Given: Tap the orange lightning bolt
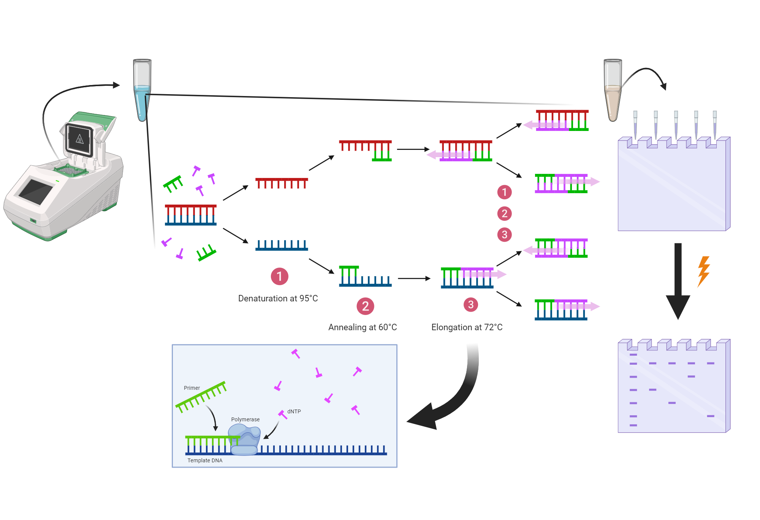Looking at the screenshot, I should [x=704, y=271].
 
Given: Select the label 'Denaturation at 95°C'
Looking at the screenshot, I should [x=278, y=298].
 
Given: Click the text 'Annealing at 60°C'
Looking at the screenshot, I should [x=363, y=327].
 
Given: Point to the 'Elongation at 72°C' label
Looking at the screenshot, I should [x=467, y=327].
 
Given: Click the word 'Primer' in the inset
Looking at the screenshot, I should [x=192, y=388].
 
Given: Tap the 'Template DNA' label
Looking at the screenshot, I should [x=205, y=460].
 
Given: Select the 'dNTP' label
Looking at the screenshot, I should [x=294, y=411].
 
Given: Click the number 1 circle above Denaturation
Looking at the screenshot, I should [x=279, y=276].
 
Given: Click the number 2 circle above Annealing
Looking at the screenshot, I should [x=365, y=306].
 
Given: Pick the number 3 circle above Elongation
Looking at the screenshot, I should [x=470, y=304].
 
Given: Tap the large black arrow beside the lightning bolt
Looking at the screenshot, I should [x=678, y=281].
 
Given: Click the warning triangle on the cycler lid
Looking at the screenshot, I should [x=79, y=139].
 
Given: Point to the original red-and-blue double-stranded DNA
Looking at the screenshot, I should [x=191, y=215].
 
